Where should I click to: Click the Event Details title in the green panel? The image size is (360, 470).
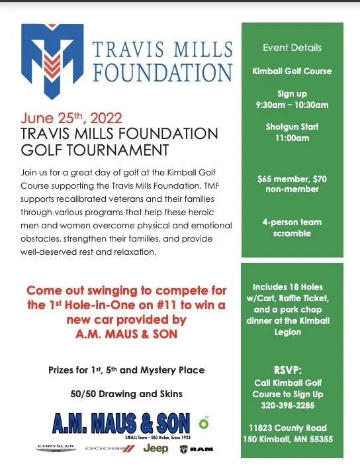(x=292, y=48)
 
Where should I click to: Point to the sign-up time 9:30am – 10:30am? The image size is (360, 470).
(x=292, y=105)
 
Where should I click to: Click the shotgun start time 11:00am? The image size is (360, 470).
(x=292, y=138)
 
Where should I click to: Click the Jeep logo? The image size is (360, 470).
(x=156, y=448)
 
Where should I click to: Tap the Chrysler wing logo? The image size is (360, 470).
(x=56, y=448)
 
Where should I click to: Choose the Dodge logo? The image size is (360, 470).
(x=109, y=449)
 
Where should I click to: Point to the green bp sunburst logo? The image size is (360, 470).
(x=203, y=419)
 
